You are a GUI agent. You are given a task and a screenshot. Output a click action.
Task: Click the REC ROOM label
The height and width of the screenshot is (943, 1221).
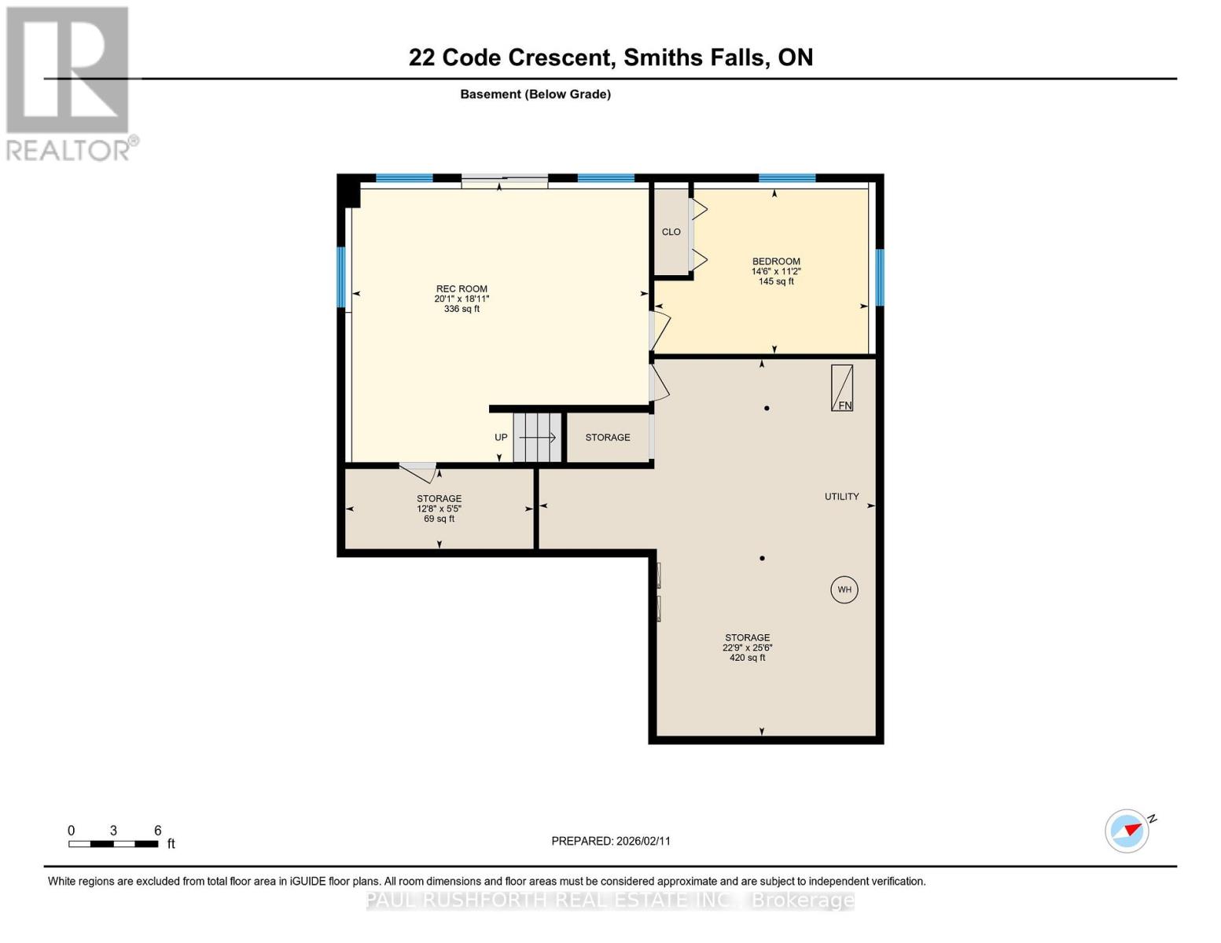462,288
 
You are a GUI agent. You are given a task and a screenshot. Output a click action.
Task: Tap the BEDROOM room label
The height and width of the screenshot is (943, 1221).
775,262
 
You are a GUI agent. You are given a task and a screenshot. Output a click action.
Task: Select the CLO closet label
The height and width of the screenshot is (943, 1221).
671,232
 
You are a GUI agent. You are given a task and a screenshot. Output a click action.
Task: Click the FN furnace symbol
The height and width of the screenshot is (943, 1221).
842,388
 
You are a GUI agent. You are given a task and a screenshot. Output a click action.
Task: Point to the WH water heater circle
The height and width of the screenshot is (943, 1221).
844,589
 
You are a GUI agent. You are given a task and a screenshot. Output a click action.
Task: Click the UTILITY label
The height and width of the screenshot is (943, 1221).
841,497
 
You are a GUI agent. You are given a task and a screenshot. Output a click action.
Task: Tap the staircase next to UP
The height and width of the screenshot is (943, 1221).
537,438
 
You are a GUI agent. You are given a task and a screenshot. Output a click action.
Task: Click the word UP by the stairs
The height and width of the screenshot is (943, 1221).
501,438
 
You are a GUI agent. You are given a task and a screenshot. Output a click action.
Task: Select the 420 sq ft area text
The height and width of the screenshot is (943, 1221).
747,658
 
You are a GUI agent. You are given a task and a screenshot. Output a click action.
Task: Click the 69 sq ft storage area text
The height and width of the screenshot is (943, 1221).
439,519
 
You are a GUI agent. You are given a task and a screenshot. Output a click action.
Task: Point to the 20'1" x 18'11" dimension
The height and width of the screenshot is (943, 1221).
462,299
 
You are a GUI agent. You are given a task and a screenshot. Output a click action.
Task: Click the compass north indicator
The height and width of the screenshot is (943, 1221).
1127,831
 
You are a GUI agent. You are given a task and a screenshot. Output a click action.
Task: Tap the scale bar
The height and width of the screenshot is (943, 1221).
113,844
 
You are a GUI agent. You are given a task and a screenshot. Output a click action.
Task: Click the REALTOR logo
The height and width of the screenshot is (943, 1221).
69,83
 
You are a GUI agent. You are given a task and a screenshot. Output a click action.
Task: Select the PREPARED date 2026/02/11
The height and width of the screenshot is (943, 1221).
611,841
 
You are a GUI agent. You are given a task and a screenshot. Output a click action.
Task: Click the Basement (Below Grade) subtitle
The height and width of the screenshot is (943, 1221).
535,94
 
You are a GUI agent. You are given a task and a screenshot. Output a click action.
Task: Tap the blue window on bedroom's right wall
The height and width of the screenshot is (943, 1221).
880,277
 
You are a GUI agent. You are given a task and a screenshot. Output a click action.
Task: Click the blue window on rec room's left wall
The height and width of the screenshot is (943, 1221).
341,277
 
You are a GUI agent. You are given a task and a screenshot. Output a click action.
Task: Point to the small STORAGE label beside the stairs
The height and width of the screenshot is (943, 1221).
607,438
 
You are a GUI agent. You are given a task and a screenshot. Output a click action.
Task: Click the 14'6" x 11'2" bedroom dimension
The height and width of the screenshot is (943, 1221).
775,272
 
